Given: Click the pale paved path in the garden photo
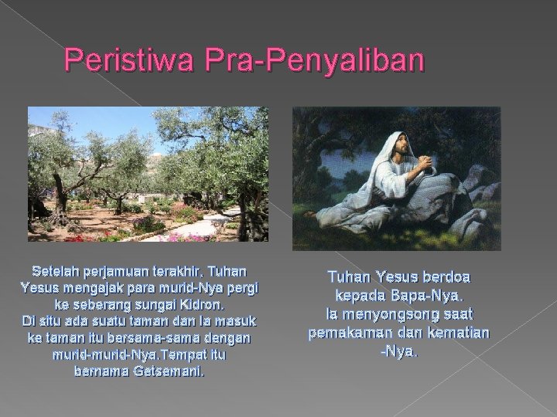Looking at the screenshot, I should pyautogui.click(x=200, y=226).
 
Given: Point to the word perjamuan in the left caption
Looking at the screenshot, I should pyautogui.click(x=120, y=273).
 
